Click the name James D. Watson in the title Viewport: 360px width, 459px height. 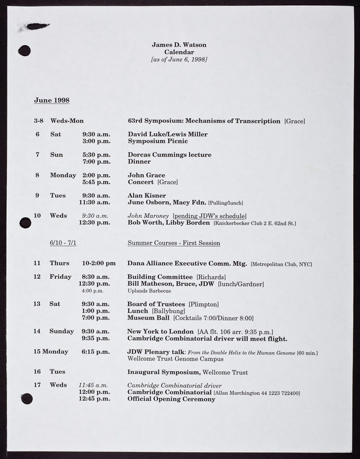tap(179, 44)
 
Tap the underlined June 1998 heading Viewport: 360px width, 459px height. tap(52, 100)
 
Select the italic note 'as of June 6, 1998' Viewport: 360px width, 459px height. tap(179, 60)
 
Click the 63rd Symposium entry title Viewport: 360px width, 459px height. tap(204, 121)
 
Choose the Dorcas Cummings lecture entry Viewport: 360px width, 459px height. tap(169, 155)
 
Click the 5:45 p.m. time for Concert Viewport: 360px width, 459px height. tap(96, 182)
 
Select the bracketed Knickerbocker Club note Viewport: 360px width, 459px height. tap(254, 223)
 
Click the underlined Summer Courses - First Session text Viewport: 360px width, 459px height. tap(173, 243)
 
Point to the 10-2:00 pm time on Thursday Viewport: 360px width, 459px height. tap(99, 263)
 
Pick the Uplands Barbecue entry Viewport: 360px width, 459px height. tap(149, 291)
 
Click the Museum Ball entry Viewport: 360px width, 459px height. tap(148, 317)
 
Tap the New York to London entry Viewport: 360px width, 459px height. tap(160, 331)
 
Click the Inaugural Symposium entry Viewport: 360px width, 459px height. tap(163, 372)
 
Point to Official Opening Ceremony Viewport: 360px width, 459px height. tap(171, 399)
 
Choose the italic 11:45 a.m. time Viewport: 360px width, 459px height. tap(93, 385)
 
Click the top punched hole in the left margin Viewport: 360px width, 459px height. tap(24, 50)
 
